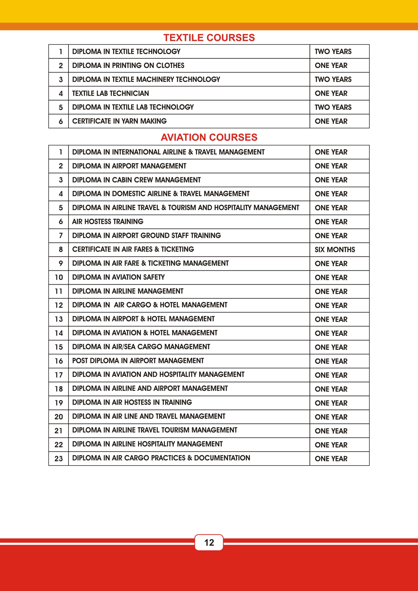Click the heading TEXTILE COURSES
[x=209, y=38]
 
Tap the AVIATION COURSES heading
[x=209, y=137]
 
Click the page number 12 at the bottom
[x=209, y=542]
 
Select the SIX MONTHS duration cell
[x=335, y=250]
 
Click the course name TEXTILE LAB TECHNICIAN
[x=110, y=93]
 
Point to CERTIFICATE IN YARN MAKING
[x=119, y=121]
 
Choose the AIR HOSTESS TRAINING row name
[x=108, y=221]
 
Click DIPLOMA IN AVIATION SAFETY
[x=118, y=277]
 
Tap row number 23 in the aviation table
[x=59, y=458]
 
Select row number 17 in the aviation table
[x=59, y=375]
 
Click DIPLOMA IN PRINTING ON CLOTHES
[x=128, y=65]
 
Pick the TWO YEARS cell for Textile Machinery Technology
[x=333, y=79]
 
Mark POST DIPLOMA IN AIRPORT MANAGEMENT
[x=138, y=361]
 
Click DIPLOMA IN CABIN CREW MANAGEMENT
[x=136, y=180]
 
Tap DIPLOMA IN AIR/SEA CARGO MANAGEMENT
[x=141, y=347]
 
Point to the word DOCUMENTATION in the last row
[x=222, y=458]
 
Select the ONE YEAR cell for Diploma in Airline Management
[x=331, y=291]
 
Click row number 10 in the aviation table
[x=59, y=277]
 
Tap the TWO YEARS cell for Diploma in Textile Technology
[x=333, y=52]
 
